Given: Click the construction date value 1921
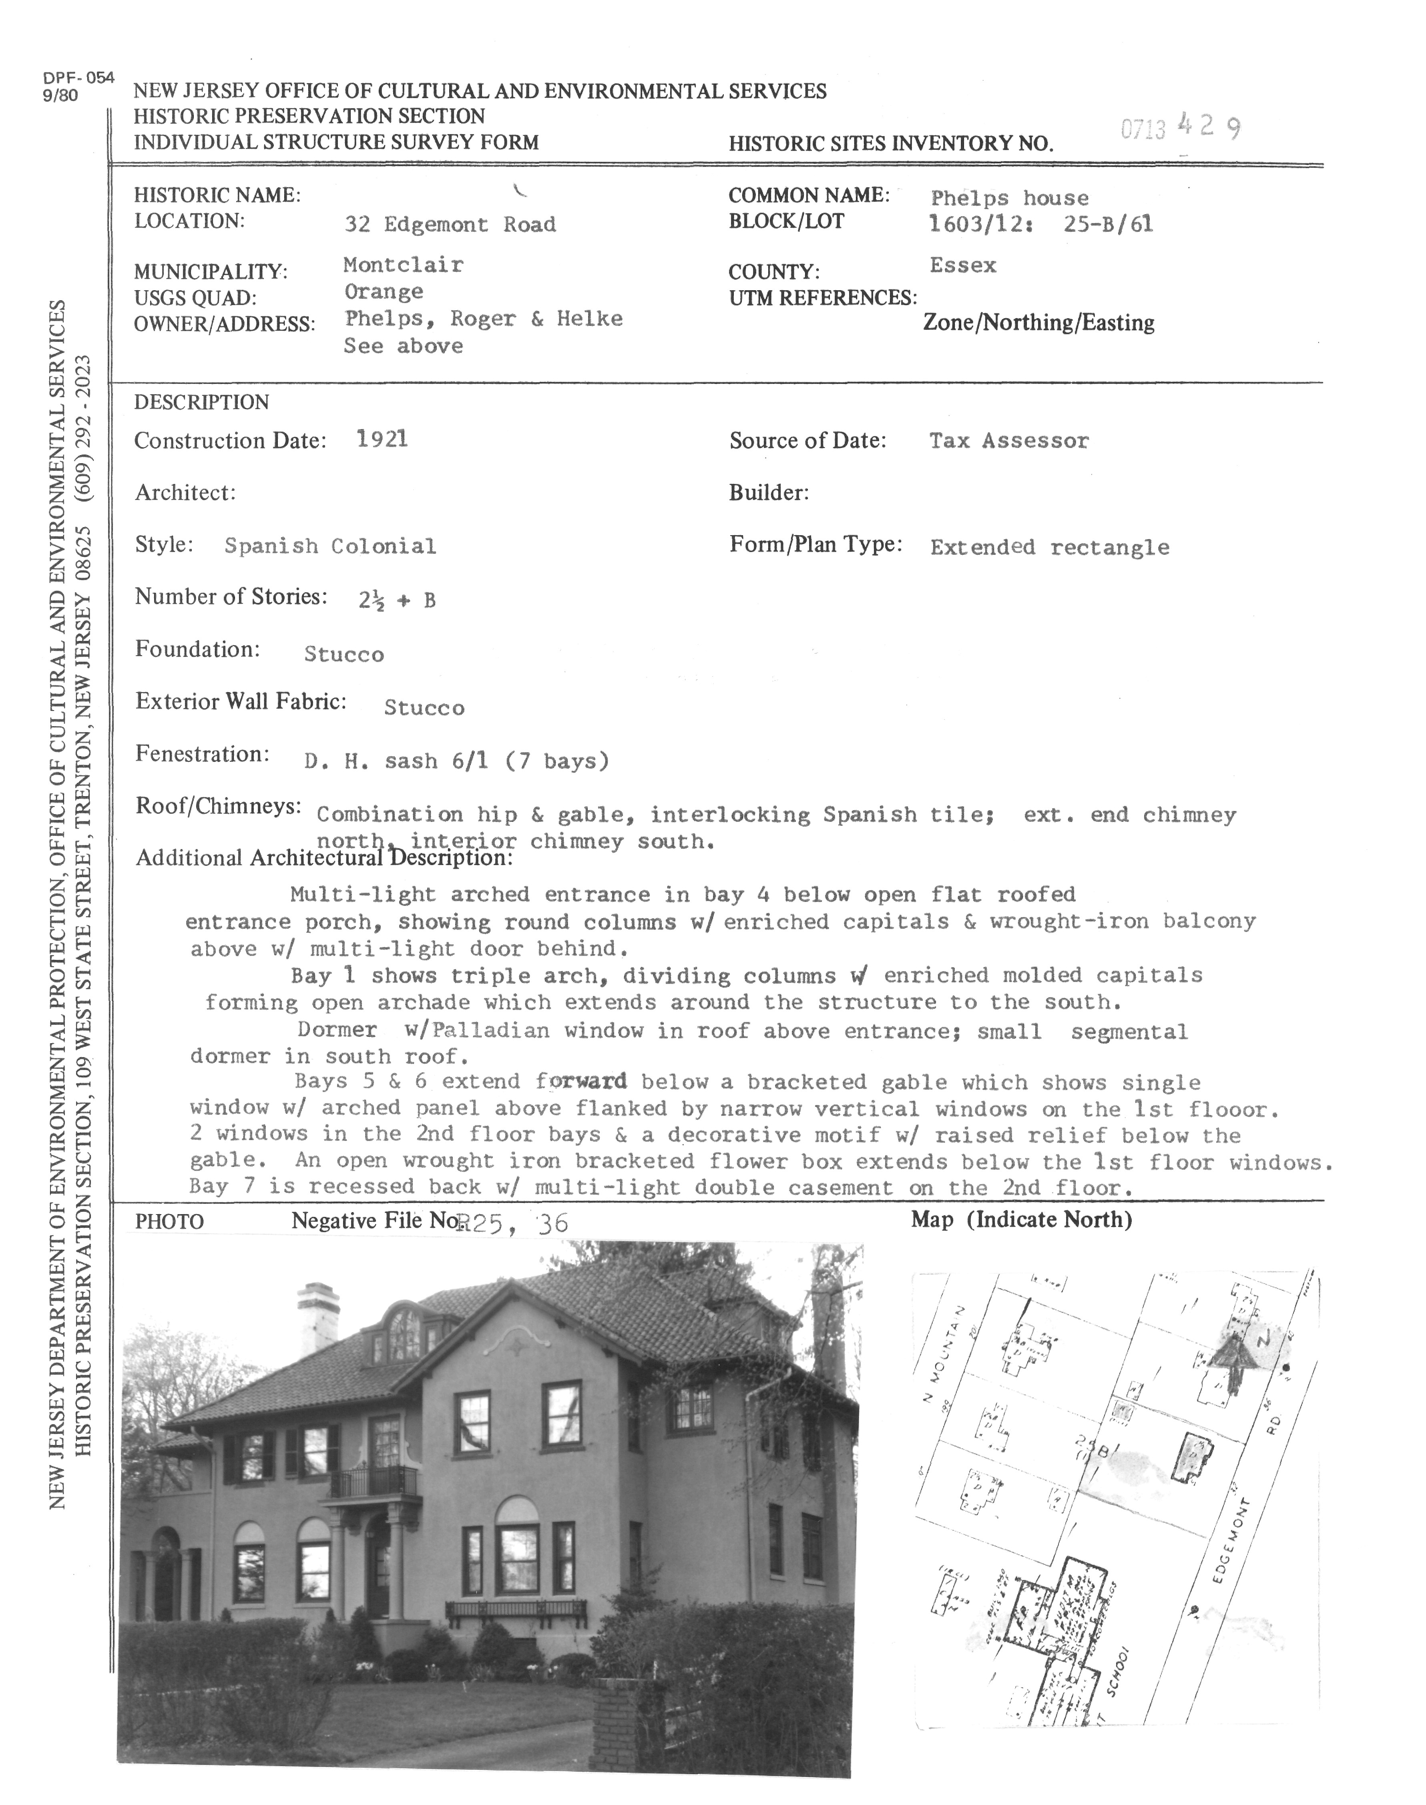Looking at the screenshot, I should click(382, 439).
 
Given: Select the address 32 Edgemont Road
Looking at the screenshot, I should click(450, 225).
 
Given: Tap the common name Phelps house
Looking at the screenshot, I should click(1009, 198).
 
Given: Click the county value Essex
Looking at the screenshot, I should click(963, 265).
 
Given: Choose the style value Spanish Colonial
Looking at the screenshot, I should click(330, 546).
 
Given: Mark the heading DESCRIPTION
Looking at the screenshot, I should click(201, 402).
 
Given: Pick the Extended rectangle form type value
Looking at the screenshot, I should click(1049, 548).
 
